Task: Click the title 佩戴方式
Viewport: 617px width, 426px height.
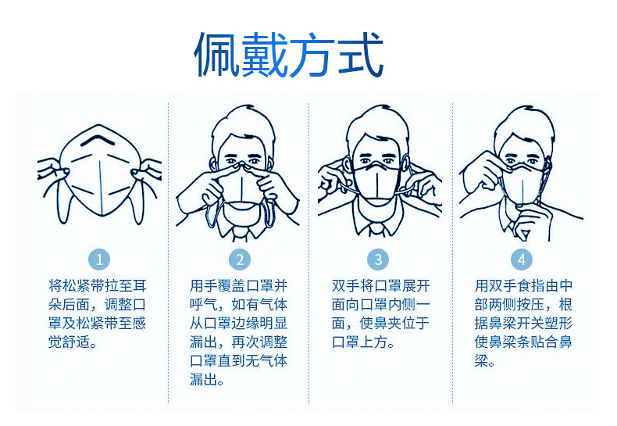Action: click(x=288, y=55)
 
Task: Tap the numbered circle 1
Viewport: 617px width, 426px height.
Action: click(x=99, y=260)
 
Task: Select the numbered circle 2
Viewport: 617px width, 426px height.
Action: click(x=240, y=260)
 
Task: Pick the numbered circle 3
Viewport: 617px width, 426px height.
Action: click(x=378, y=260)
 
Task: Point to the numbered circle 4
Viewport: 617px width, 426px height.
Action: click(x=522, y=260)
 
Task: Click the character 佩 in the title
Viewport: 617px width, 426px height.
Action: click(x=217, y=55)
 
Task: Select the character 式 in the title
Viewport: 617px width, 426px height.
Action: click(x=361, y=55)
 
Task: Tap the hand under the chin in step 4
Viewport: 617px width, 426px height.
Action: click(x=531, y=220)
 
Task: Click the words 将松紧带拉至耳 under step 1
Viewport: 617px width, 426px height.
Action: click(x=98, y=285)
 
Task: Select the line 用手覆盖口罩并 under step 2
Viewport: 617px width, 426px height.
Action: click(x=238, y=285)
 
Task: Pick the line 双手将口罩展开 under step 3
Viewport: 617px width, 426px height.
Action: click(x=380, y=285)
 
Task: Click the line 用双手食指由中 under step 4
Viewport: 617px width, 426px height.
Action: click(x=523, y=285)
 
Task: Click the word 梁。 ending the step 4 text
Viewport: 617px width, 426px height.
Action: click(x=485, y=360)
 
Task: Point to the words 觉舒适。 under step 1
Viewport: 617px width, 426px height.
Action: click(x=73, y=342)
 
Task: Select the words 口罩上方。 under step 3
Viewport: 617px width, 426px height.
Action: click(x=364, y=342)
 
